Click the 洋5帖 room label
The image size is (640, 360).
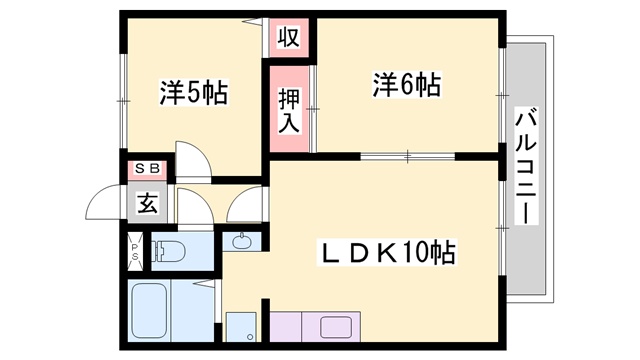tap(194, 94)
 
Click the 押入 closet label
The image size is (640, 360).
tap(288, 108)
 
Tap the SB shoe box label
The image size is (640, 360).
tap(146, 169)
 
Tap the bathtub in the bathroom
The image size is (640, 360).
tap(151, 311)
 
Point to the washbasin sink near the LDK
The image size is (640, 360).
tap(243, 240)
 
